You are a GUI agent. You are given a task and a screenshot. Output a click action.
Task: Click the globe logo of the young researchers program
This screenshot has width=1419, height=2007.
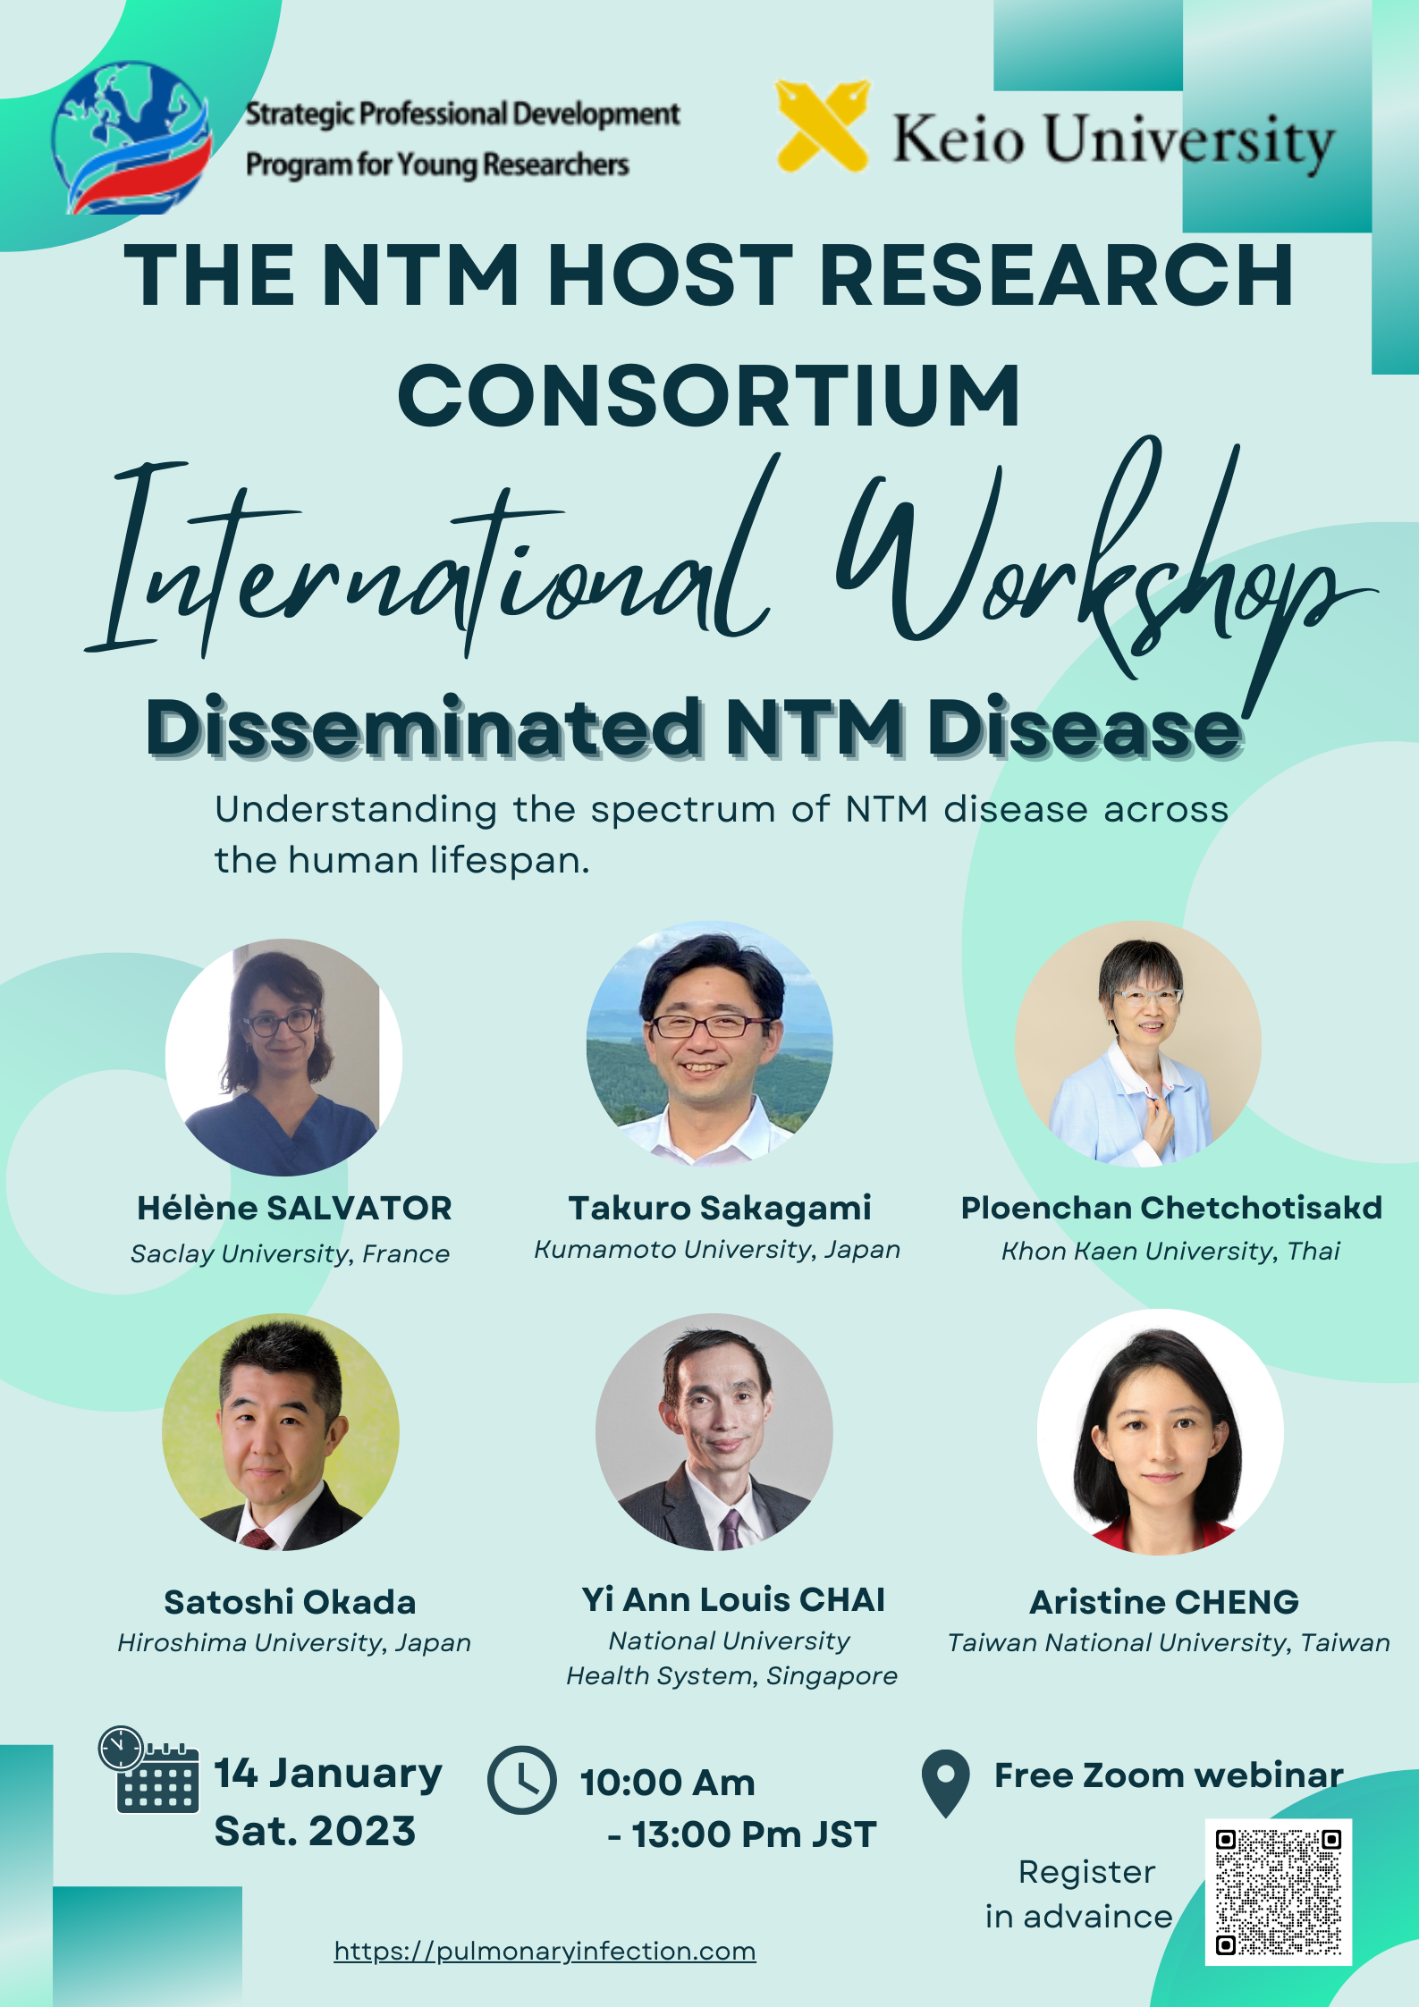[131, 138]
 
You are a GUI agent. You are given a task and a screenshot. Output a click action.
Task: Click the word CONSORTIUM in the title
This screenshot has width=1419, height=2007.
[709, 395]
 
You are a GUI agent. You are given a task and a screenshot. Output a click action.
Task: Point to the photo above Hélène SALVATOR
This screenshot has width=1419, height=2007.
[283, 1057]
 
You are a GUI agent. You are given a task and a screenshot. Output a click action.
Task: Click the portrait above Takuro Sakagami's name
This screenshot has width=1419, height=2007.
[709, 1043]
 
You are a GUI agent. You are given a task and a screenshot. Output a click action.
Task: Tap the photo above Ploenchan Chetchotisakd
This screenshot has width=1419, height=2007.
[1137, 1043]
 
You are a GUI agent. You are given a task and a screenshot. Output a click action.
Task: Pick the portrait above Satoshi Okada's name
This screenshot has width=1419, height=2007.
[281, 1431]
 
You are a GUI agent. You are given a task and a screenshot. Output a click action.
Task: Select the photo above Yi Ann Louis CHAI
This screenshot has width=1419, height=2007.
[714, 1431]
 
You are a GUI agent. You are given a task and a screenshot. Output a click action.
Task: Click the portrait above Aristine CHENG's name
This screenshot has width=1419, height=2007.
[1160, 1432]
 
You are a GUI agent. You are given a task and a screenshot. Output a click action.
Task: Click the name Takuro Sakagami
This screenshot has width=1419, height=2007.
[720, 1208]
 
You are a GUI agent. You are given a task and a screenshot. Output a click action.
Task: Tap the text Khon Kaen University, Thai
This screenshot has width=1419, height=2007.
[1170, 1251]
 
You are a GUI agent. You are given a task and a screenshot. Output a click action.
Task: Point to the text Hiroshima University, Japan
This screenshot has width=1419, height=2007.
[294, 1642]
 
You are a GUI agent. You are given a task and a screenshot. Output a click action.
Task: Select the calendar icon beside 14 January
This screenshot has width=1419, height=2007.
[148, 1769]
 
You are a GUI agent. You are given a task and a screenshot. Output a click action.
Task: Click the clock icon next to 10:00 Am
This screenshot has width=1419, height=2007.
[521, 1780]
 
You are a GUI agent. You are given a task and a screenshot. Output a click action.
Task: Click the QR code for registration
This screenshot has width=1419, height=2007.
[1278, 1892]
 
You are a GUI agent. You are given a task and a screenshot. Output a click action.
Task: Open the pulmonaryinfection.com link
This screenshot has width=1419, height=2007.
[545, 1950]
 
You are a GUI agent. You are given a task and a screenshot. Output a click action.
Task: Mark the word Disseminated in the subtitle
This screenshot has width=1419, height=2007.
[424, 727]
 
